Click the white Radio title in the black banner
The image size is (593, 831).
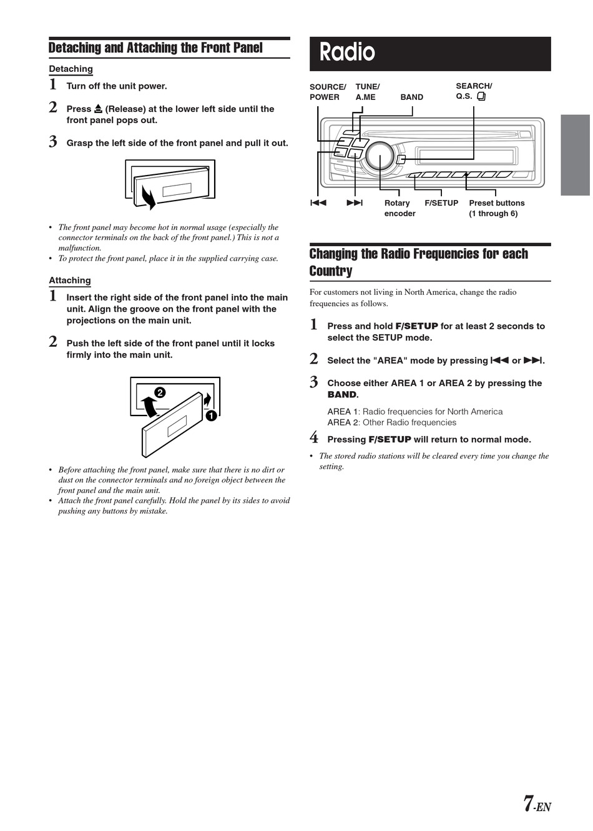(x=347, y=52)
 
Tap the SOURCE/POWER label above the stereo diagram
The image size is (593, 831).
(x=327, y=92)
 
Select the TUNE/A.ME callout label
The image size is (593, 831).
(x=367, y=92)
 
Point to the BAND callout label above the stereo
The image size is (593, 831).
(x=411, y=97)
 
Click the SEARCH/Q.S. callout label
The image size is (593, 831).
(x=473, y=91)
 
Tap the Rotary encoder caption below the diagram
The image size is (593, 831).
(x=399, y=208)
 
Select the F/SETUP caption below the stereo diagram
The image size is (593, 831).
(x=441, y=203)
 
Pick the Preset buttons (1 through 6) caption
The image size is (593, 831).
(x=496, y=208)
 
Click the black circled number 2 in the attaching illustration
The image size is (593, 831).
(x=160, y=392)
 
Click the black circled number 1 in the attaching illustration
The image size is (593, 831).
(x=211, y=415)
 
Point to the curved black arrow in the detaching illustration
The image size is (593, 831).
(x=149, y=196)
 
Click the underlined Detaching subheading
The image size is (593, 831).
(x=71, y=69)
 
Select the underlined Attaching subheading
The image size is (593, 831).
(x=70, y=281)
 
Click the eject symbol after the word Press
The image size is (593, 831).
(x=98, y=109)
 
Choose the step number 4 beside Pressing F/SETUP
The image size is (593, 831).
(x=314, y=438)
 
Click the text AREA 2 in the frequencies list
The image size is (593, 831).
(x=343, y=422)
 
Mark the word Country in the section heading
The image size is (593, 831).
(x=331, y=271)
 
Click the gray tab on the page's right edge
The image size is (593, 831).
(x=575, y=155)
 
